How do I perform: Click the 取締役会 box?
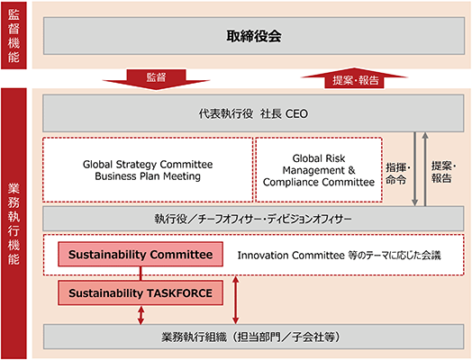point(254,36)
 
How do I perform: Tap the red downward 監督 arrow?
point(156,79)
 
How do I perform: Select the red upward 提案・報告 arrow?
point(354,78)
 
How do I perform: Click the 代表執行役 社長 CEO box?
point(253,113)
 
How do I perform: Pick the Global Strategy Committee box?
point(148,169)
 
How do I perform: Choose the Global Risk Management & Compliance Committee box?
point(319,169)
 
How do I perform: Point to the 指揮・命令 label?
point(398,174)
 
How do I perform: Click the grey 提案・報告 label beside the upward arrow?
point(444,172)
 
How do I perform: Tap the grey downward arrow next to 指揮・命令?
point(415,169)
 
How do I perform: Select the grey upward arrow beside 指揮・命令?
point(425,169)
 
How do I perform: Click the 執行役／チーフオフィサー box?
point(253,219)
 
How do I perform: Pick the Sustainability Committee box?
point(141,254)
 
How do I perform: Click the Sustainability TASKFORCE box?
point(141,292)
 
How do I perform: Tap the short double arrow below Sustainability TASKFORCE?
point(141,315)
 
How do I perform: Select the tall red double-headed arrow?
point(236,301)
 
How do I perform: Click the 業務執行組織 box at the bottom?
point(253,337)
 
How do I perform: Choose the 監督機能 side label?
point(14,35)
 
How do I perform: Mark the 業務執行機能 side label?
point(14,223)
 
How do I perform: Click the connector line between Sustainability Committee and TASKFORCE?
point(141,274)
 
